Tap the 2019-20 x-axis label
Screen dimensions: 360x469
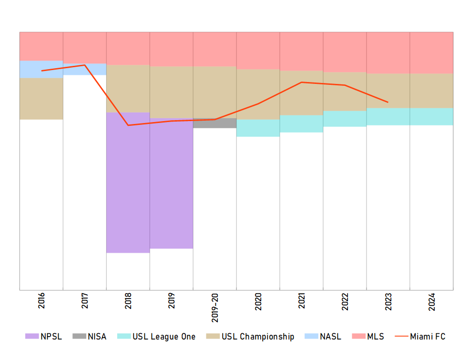215,308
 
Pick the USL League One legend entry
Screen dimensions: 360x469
157,337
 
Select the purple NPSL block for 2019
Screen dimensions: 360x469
171,183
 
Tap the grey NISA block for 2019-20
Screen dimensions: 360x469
214,123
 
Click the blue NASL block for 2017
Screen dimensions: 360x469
84,70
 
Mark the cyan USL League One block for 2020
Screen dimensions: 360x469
258,128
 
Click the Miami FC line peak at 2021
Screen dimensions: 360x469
302,82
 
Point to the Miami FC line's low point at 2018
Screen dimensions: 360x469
128,125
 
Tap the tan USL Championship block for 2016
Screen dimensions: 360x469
41,99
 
